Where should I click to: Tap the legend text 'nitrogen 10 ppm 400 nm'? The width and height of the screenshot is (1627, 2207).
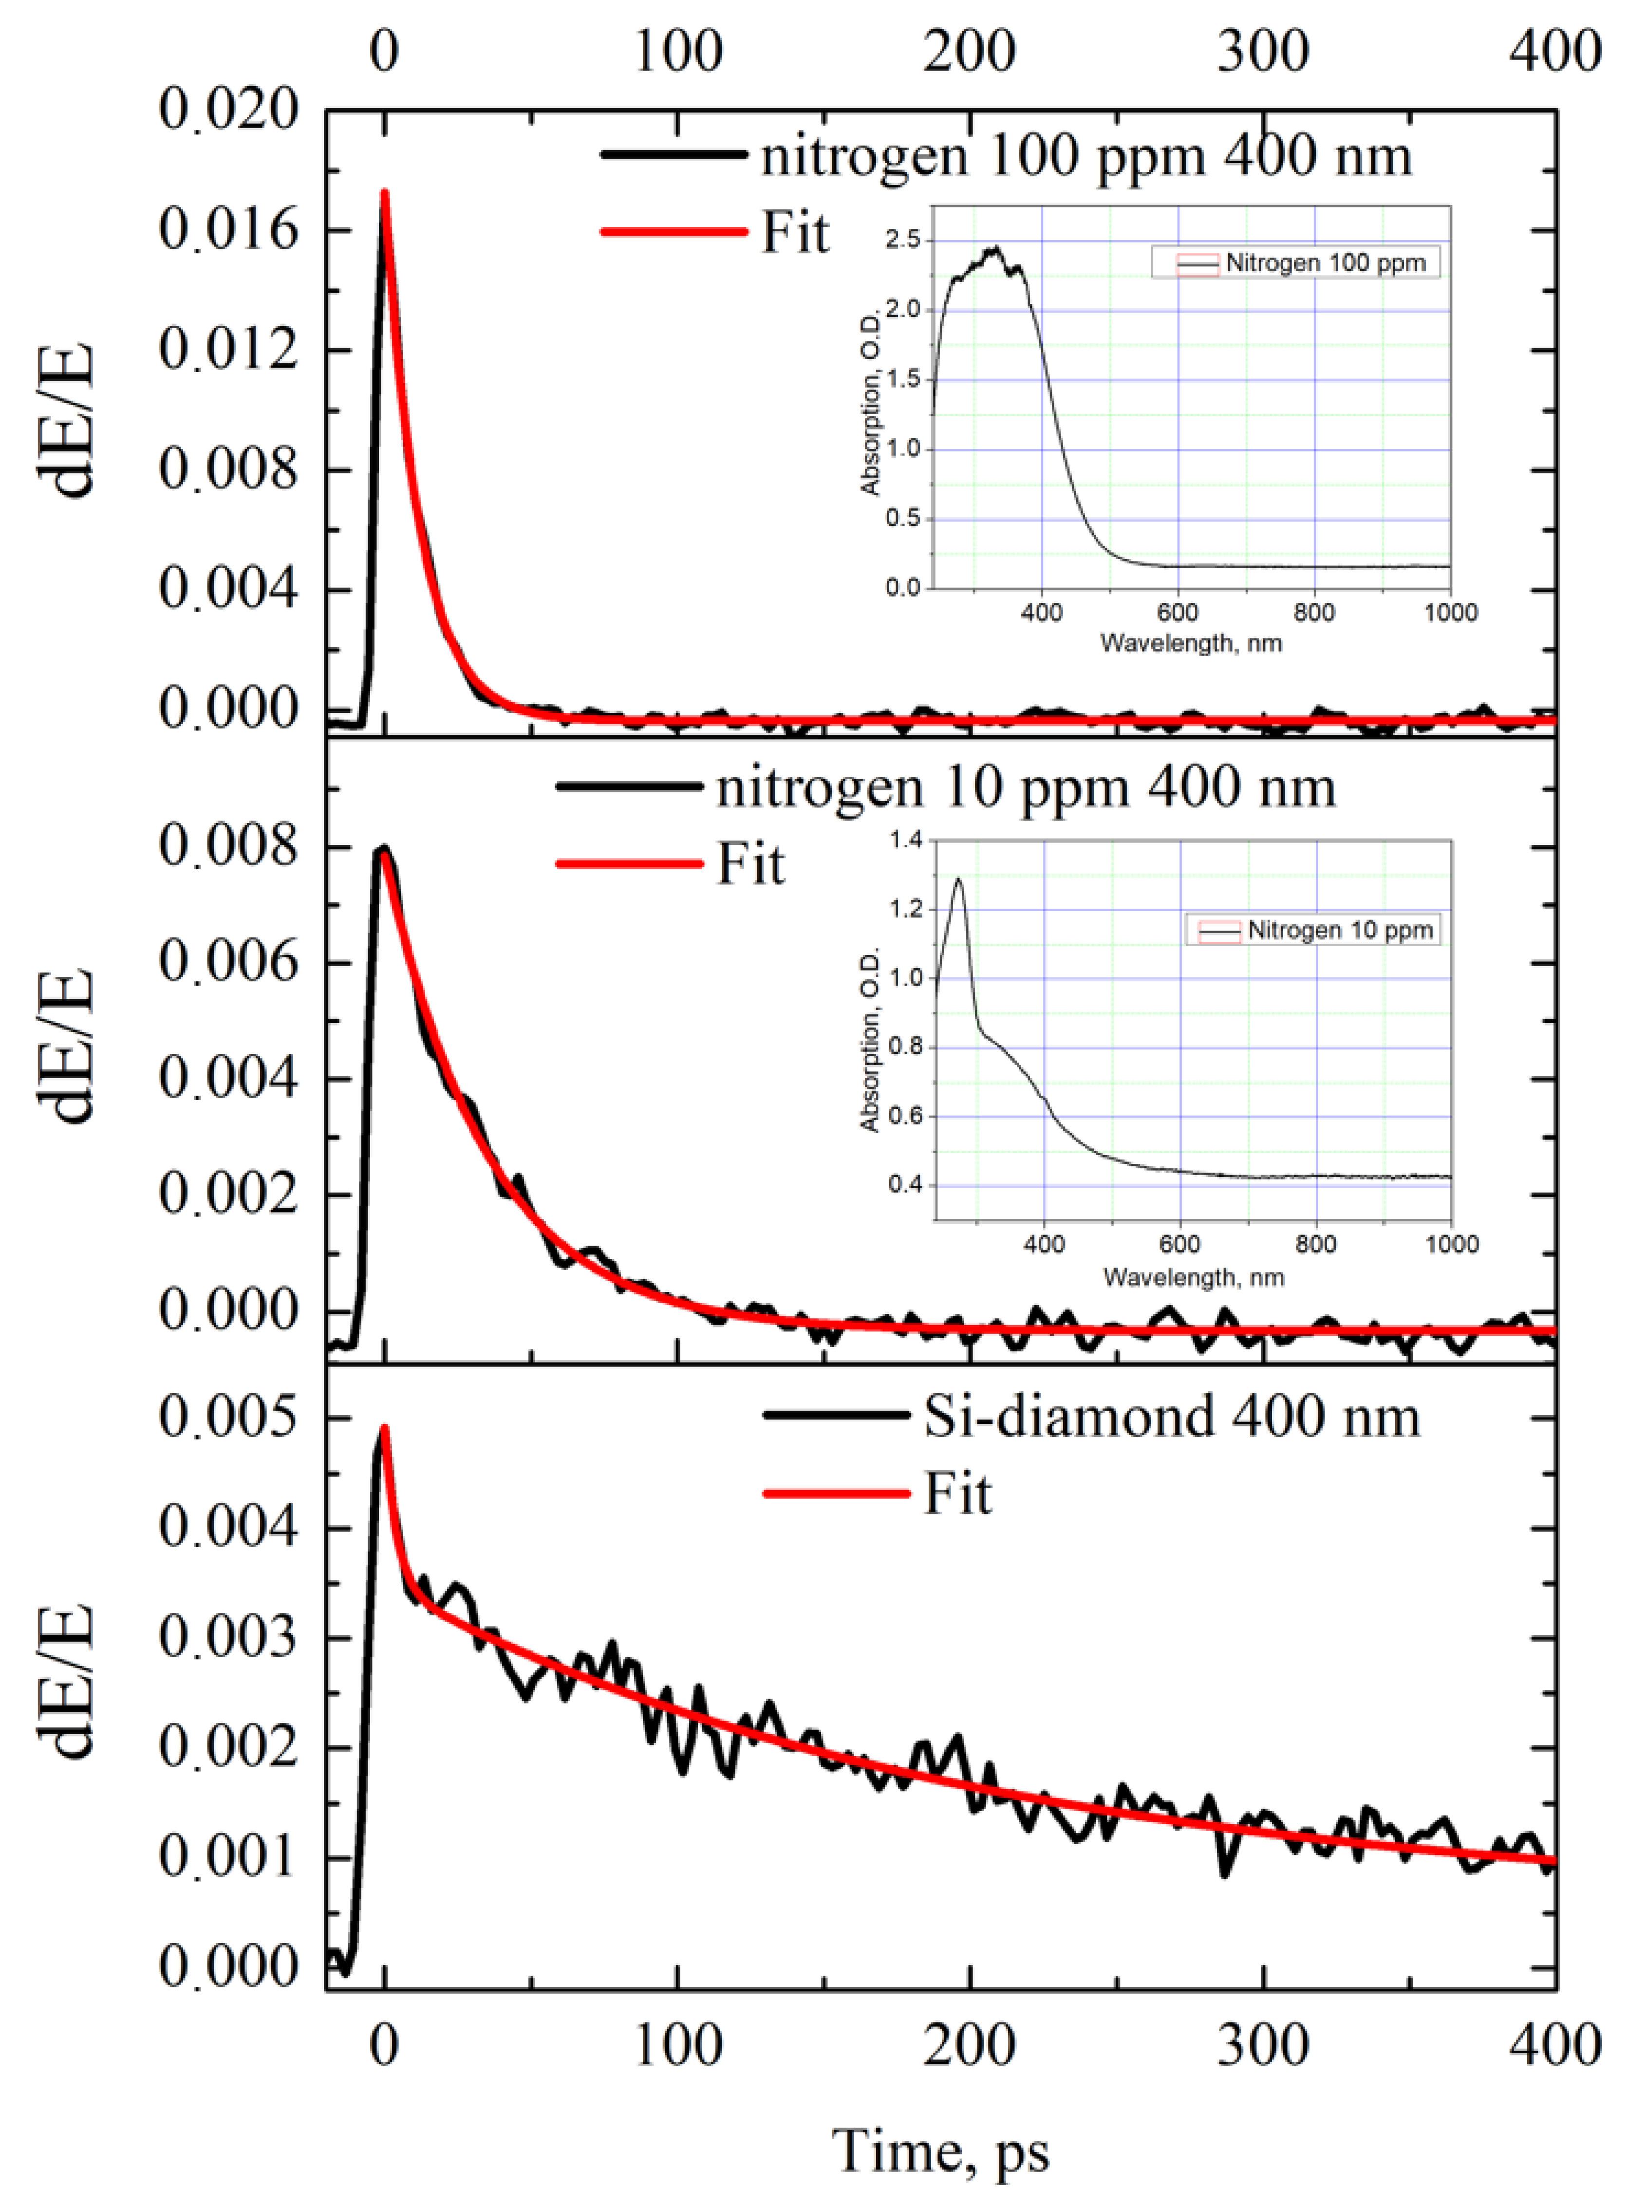(x=1025, y=787)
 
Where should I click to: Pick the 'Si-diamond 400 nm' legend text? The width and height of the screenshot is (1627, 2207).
(x=1171, y=1417)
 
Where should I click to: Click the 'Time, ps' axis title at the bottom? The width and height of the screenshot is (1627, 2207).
(x=940, y=2150)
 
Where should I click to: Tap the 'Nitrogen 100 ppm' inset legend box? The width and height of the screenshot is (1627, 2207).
(x=1295, y=263)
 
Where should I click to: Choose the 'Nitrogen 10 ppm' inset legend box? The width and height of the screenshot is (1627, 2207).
(x=1313, y=930)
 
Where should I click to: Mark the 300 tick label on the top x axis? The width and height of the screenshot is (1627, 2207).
(x=1263, y=51)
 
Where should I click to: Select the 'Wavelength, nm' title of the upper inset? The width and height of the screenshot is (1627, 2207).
(x=1191, y=643)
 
